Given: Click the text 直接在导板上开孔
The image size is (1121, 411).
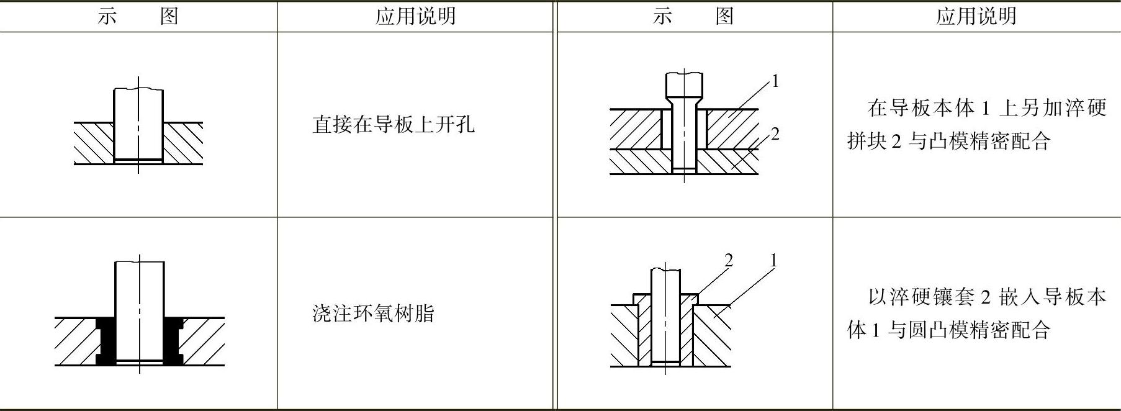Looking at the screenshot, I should (x=393, y=125).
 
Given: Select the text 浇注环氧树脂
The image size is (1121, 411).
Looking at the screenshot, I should (x=373, y=314).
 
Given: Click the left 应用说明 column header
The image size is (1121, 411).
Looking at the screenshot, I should (x=415, y=16).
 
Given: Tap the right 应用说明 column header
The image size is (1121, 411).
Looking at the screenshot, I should (x=976, y=16).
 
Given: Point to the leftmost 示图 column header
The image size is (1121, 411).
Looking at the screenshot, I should (x=138, y=16).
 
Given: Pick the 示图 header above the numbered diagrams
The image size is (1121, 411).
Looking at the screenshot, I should (x=693, y=16).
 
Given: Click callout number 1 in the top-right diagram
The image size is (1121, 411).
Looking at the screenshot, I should (x=775, y=81).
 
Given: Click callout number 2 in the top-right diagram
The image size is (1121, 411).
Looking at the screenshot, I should (x=775, y=134).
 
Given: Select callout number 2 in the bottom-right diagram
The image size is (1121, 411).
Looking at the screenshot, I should (x=729, y=260).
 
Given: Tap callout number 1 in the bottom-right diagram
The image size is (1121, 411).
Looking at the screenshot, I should (x=773, y=260).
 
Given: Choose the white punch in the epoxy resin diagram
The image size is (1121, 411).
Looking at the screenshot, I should (x=140, y=310).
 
